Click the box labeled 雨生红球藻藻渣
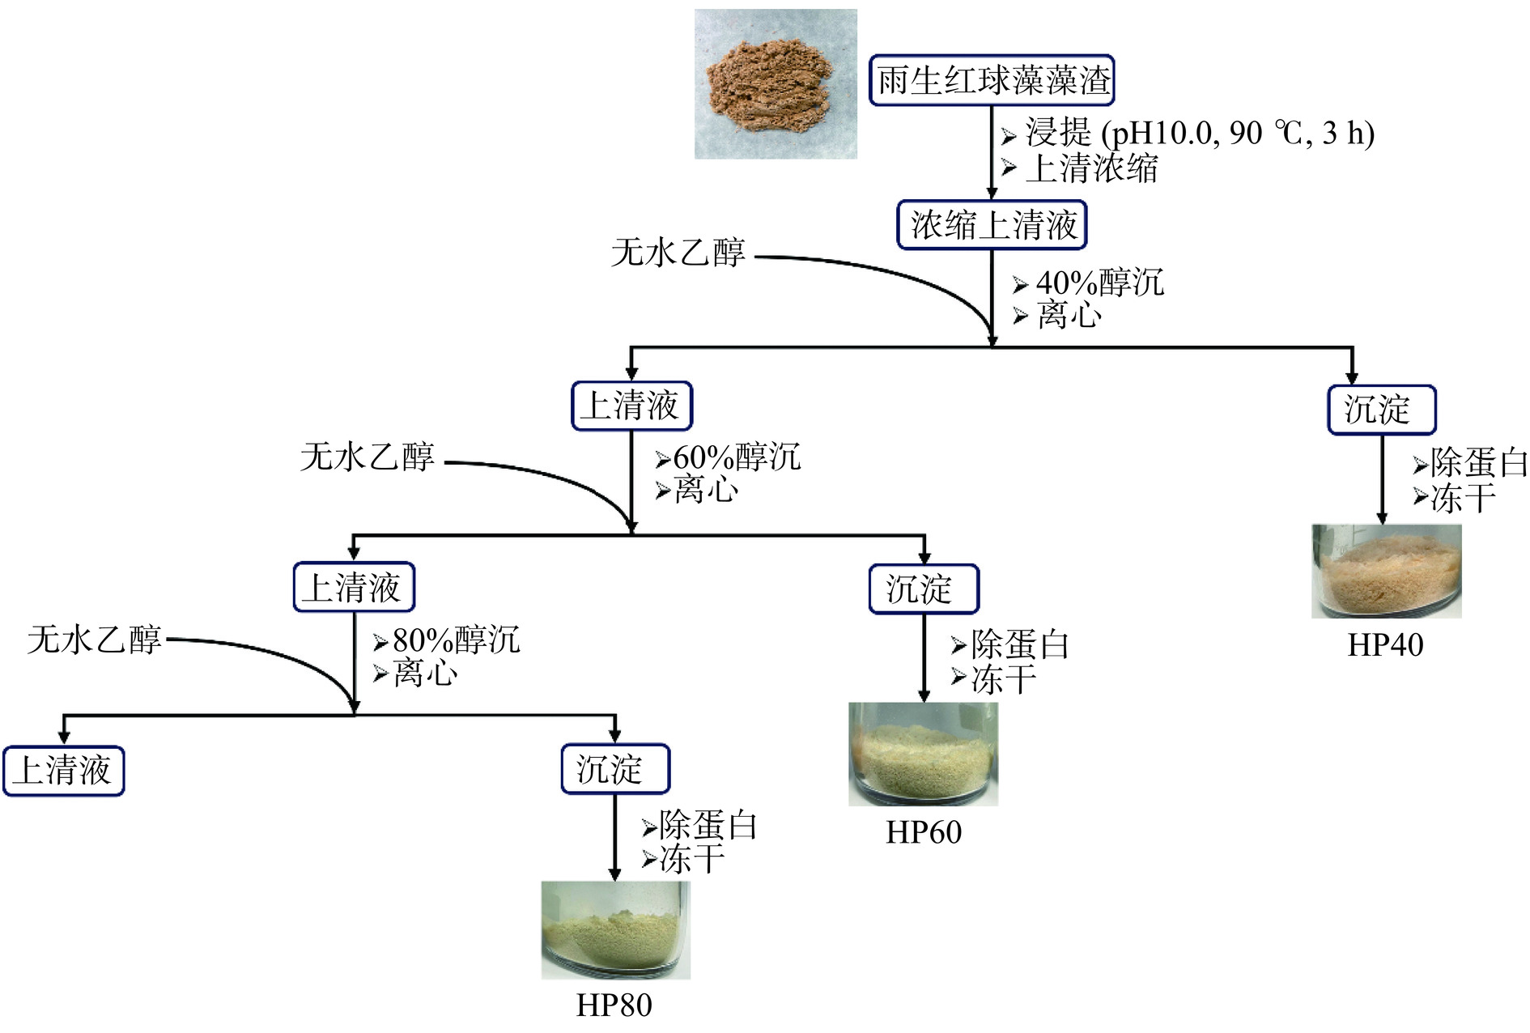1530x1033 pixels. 992,80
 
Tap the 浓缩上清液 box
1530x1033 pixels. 992,225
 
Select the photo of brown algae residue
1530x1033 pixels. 776,84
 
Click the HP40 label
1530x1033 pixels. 1385,645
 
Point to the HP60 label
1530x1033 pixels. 924,832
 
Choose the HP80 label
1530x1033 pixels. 614,1005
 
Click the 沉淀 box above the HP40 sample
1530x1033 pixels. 1381,410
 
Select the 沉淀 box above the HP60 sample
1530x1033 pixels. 923,589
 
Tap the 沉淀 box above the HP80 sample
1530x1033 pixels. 615,768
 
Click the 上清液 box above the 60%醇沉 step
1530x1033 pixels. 631,406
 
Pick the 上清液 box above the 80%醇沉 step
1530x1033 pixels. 354,587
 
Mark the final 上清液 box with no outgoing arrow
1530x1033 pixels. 64,770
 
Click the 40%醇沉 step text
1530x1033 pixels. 1099,283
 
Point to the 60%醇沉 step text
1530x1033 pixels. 737,457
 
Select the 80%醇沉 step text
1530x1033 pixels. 455,640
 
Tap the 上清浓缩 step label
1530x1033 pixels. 1091,168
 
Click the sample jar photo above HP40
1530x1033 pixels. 1386,571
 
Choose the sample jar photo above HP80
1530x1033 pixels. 615,930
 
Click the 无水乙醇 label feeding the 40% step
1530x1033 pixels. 678,253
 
